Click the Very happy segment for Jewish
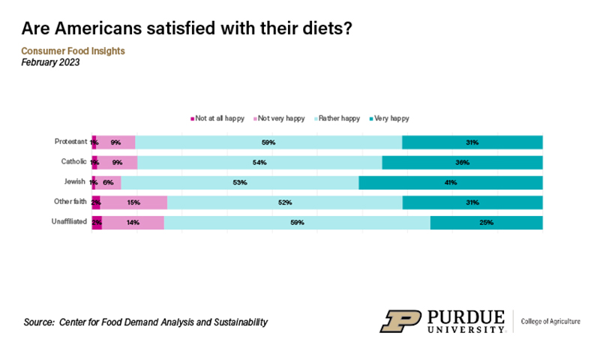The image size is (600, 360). coord(450,182)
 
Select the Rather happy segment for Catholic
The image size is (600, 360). coord(259,162)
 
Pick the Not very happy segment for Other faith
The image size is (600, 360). coord(133,202)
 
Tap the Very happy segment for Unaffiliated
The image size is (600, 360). coord(486,223)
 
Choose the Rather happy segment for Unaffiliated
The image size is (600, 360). coord(297,223)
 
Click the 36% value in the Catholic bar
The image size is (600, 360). coord(462,162)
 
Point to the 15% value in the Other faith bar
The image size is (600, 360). coord(133,202)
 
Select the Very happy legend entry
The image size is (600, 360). coord(390,118)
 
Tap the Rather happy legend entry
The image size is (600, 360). coord(337,118)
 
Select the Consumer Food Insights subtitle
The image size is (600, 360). coord(73,51)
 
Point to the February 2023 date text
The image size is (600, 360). coord(50,62)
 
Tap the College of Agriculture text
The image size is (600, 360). coord(550,321)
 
